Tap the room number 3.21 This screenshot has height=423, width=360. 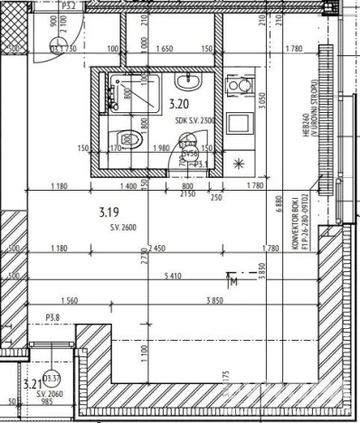click(x=32, y=382)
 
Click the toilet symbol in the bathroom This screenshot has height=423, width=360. click(x=130, y=141)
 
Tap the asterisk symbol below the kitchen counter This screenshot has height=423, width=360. click(x=239, y=164)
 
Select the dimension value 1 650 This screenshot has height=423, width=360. click(x=166, y=49)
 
